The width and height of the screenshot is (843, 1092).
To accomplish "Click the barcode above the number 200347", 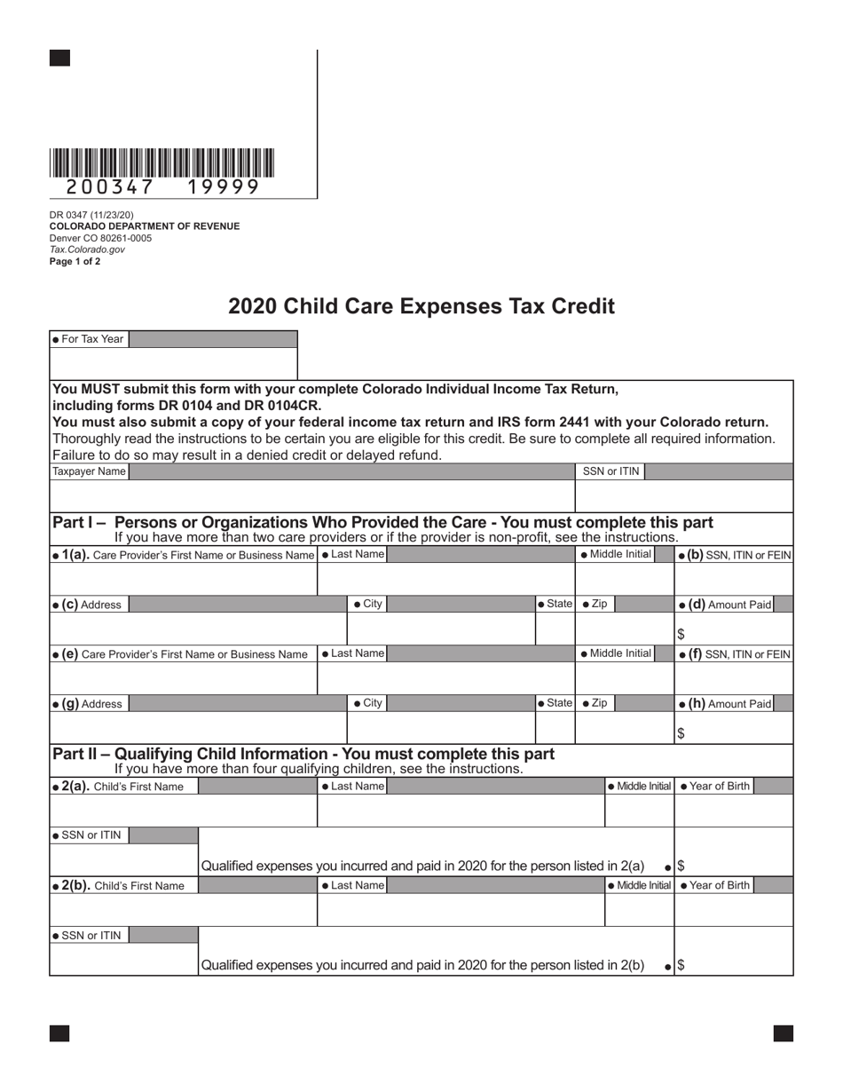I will point(162,162).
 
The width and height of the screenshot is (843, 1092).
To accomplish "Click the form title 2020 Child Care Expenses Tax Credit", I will point(421,306).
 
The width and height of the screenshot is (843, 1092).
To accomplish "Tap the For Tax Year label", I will point(89,339).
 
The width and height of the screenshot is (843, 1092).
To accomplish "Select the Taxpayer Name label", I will point(90,471).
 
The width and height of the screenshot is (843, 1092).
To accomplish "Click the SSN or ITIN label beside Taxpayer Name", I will point(611,471).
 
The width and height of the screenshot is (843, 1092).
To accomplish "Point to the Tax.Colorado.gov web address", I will point(87,249).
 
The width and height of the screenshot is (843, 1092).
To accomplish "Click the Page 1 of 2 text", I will point(75,261).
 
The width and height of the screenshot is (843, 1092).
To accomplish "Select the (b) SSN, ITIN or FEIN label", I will point(734,555).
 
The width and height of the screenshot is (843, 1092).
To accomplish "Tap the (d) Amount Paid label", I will point(725,605).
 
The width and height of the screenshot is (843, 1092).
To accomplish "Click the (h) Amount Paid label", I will point(725,703).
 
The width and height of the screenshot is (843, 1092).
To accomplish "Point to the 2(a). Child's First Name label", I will point(119,786).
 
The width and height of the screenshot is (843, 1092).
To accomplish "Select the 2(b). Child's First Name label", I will point(119,885).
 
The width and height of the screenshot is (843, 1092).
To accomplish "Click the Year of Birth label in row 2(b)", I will point(715,885).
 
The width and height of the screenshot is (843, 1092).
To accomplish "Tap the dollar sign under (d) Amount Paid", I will point(681,634).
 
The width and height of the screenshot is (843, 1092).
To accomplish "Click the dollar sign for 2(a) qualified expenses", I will point(681,866).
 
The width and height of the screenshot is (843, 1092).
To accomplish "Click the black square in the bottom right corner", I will point(783,1033).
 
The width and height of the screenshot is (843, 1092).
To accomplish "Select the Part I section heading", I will point(382,522).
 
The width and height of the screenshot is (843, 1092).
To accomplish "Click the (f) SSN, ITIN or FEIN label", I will point(734,654).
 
